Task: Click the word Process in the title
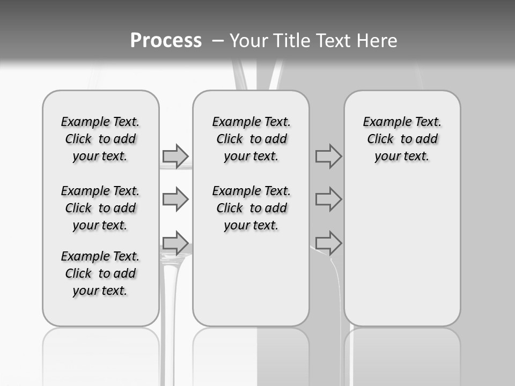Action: [x=166, y=40]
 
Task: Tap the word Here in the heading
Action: [x=378, y=41]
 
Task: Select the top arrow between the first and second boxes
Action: [x=175, y=156]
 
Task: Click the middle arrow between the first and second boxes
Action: [x=175, y=199]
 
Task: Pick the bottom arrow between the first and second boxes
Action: [x=175, y=243]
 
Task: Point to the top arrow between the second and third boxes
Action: [x=328, y=156]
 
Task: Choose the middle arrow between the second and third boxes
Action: [x=328, y=199]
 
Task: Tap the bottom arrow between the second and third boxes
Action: [x=328, y=243]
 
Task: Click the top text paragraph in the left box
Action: [x=100, y=139]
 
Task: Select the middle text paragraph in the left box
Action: [x=100, y=208]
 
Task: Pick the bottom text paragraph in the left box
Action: [x=100, y=273]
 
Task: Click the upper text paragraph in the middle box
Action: [x=251, y=139]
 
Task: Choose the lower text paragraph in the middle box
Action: [x=251, y=208]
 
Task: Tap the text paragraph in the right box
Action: [x=402, y=139]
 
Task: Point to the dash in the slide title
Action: [x=218, y=41]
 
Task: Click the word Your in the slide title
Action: [x=249, y=41]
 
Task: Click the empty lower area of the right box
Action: [x=402, y=252]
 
